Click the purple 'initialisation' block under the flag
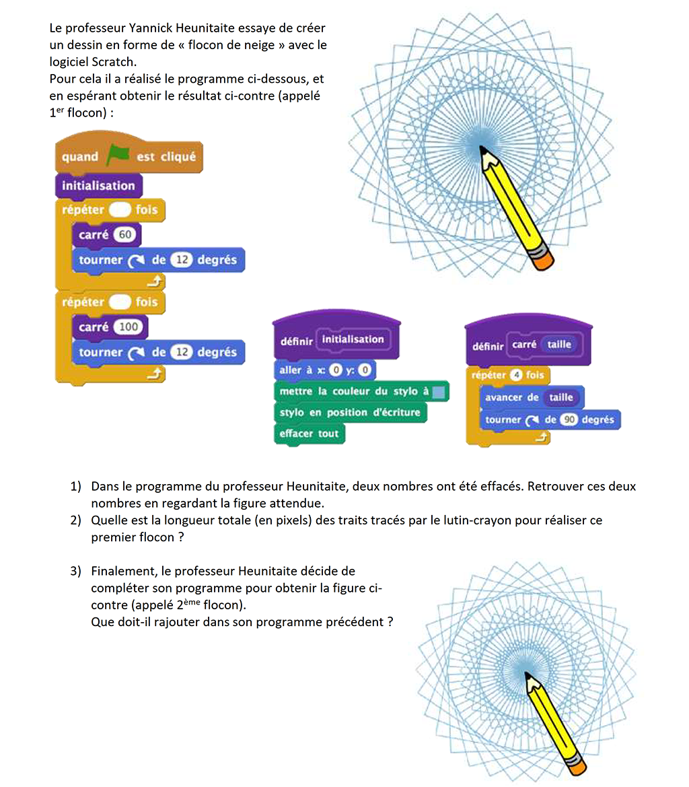click(x=98, y=186)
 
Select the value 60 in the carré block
click(x=124, y=235)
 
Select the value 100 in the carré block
click(x=127, y=327)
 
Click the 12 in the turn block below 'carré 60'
click(x=180, y=260)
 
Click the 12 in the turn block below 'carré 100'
click(x=180, y=352)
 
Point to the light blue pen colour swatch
click(x=439, y=391)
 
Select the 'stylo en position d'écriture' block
click(x=350, y=412)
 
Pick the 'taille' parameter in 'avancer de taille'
click(x=561, y=397)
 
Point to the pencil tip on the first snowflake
click(x=482, y=149)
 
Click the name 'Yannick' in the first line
click(x=137, y=28)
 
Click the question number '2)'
click(x=76, y=520)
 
